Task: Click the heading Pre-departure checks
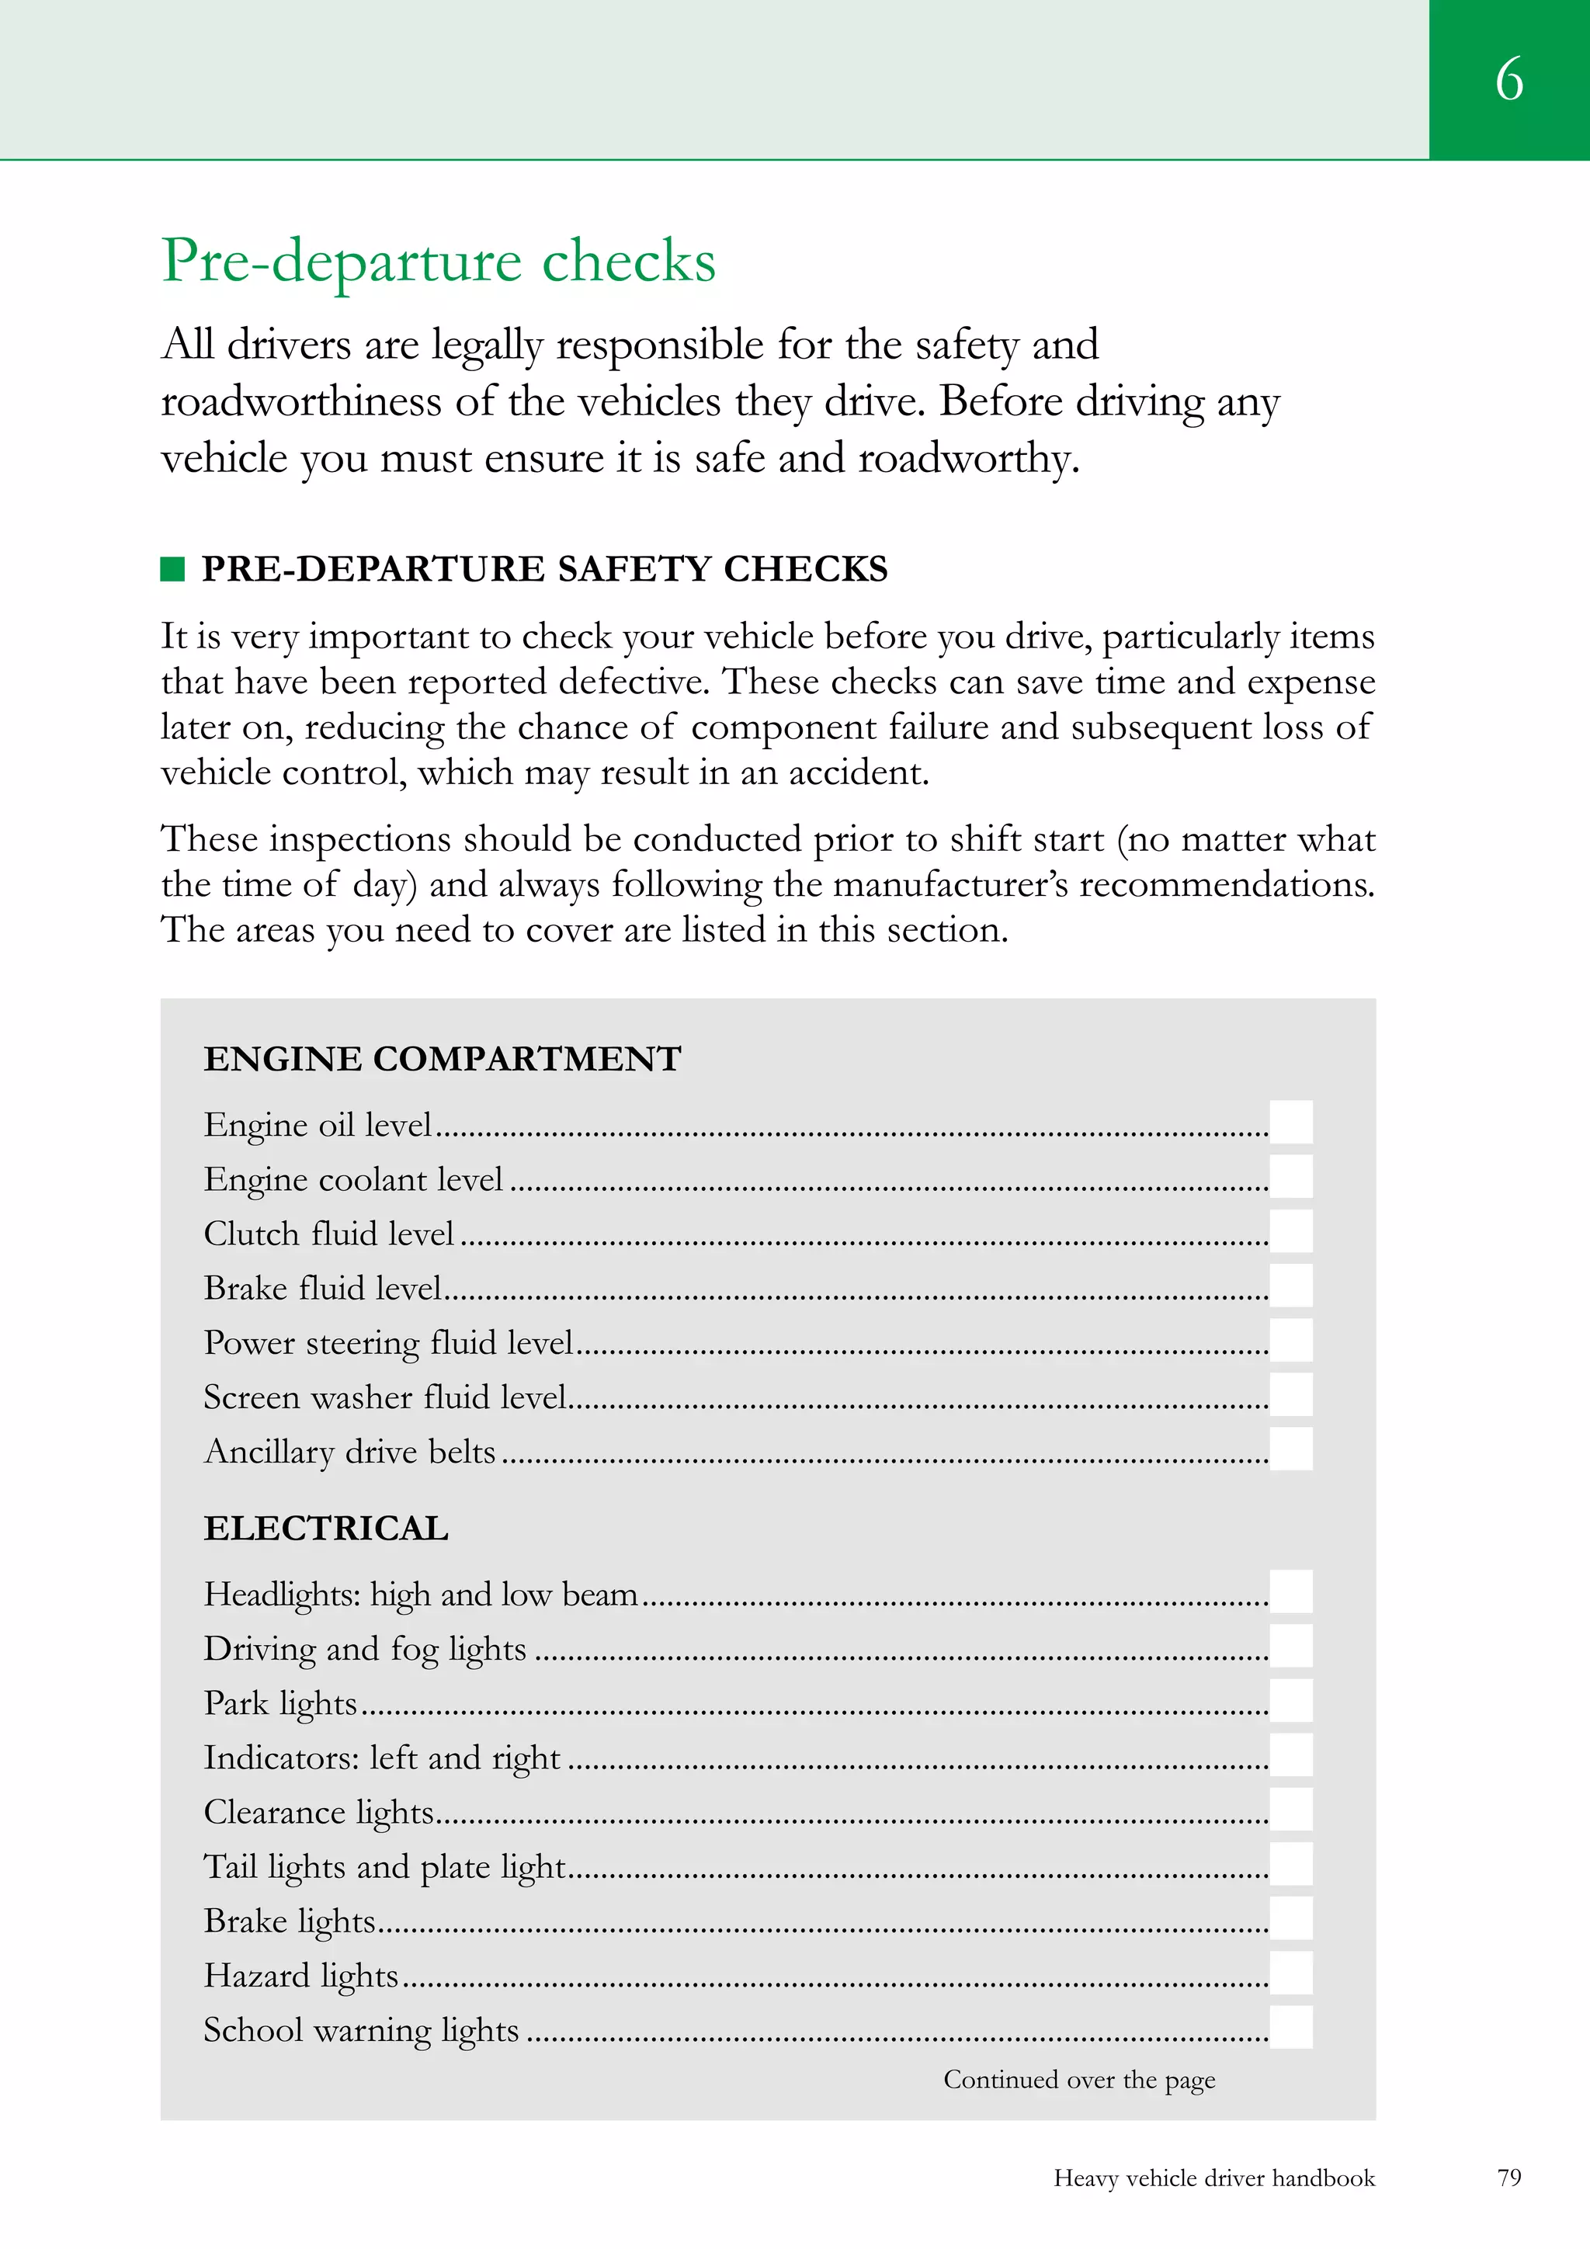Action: (438, 261)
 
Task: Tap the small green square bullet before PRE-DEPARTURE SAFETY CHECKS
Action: (172, 568)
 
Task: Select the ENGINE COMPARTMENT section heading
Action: (442, 1059)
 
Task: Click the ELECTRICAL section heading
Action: (325, 1528)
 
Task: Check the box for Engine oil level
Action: (1290, 1122)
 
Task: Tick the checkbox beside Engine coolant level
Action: (1290, 1176)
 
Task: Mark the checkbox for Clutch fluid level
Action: (1290, 1231)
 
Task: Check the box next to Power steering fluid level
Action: (1290, 1340)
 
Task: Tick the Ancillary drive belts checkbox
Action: (1290, 1449)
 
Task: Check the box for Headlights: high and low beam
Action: (1290, 1591)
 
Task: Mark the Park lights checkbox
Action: (1290, 1700)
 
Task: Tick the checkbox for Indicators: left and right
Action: (1290, 1755)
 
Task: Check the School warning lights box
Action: (1290, 2028)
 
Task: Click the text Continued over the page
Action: (1078, 2081)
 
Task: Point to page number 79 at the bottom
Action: (1508, 2178)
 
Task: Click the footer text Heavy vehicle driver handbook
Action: (1213, 2178)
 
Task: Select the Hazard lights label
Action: (300, 1976)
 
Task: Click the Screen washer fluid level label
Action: (385, 1397)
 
